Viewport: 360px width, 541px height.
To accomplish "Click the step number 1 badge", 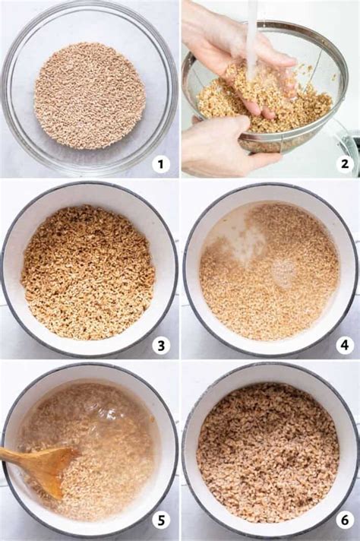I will coord(160,163).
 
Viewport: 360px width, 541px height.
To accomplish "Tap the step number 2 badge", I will coord(344,163).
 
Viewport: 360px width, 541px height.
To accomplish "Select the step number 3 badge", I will coord(160,345).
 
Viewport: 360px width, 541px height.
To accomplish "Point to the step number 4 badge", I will coord(344,345).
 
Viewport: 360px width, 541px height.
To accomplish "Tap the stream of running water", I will coord(251,38).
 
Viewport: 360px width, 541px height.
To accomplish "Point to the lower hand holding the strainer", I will coord(220,144).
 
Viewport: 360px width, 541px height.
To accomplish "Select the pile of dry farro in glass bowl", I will coord(90,95).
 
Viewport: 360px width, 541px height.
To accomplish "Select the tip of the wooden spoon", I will coord(71,454).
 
